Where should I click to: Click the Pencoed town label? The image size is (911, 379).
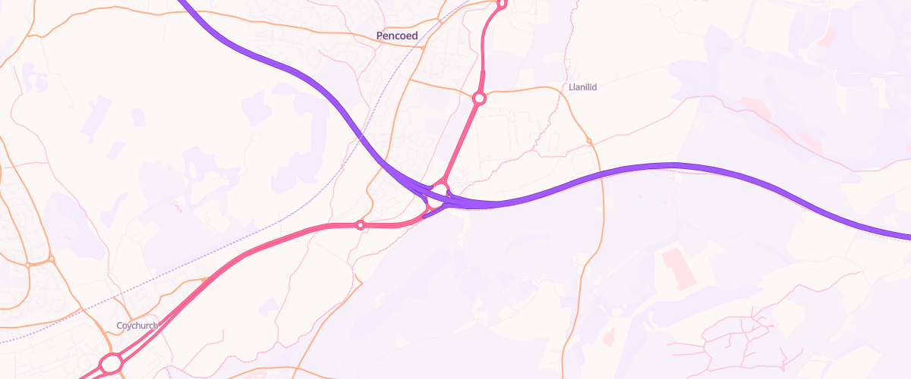[397, 36]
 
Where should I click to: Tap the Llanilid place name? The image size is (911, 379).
[583, 87]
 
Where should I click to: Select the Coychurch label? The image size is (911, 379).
[137, 326]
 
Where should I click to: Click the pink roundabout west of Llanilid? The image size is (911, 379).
[479, 98]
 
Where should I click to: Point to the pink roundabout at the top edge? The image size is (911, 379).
[501, 3]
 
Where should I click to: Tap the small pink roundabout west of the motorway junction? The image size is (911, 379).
[361, 224]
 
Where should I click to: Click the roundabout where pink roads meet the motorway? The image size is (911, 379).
[439, 189]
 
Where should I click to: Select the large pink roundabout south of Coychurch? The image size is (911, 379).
[111, 364]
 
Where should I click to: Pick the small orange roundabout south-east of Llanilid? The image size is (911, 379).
[589, 140]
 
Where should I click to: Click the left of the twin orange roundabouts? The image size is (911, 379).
[27, 265]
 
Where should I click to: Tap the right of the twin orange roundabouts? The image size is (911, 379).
[51, 259]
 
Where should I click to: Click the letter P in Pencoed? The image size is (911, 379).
[380, 36]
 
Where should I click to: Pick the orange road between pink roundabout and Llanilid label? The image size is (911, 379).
[524, 89]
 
